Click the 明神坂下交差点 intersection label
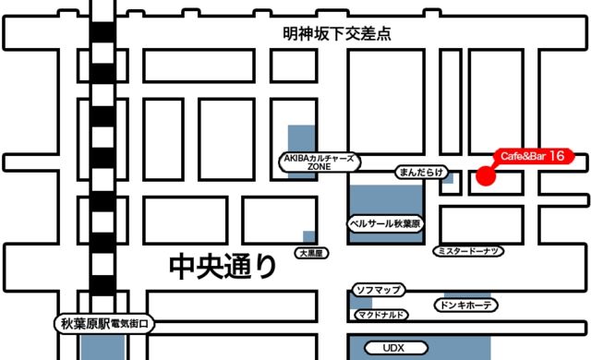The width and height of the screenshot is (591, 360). pos(336,34)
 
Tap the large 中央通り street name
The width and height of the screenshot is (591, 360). pos(223,267)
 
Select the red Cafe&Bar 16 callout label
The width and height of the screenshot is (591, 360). pos(534,156)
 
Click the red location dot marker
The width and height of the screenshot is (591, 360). pos(486,176)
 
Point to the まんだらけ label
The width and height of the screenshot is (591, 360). pos(421,173)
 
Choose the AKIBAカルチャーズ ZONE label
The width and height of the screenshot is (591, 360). pos(320,162)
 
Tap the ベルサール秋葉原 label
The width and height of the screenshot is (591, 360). pos(385,223)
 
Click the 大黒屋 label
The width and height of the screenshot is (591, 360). pos(311,253)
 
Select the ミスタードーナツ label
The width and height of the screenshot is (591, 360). pos(468,251)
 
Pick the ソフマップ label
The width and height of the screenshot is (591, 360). pos(379,290)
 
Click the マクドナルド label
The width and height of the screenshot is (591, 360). pos(381,315)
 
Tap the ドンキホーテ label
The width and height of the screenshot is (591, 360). pos(465,305)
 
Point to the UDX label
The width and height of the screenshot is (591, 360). pos(396,348)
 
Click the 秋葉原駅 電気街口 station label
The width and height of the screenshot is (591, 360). pos(104,324)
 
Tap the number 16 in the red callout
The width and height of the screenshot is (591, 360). pos(556,155)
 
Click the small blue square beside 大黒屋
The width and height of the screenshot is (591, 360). pos(308,236)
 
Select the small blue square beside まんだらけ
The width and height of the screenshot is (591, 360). pos(448,178)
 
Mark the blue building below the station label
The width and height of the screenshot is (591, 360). pos(103,347)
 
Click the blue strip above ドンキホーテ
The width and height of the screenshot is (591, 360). pos(467,295)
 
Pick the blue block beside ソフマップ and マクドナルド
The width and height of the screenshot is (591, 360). pos(360,302)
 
